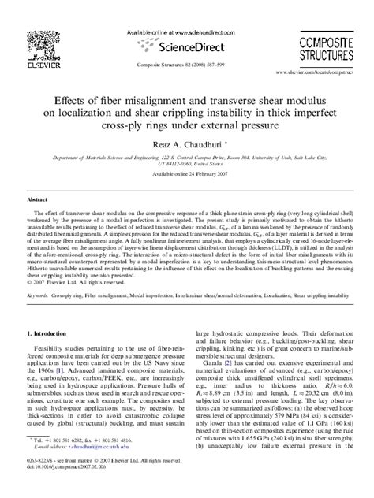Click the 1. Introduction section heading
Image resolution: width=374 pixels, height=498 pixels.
tap(51, 312)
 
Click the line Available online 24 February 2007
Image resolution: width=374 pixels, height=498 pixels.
tap(187, 174)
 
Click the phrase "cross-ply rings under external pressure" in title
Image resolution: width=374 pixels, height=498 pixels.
tap(187, 125)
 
